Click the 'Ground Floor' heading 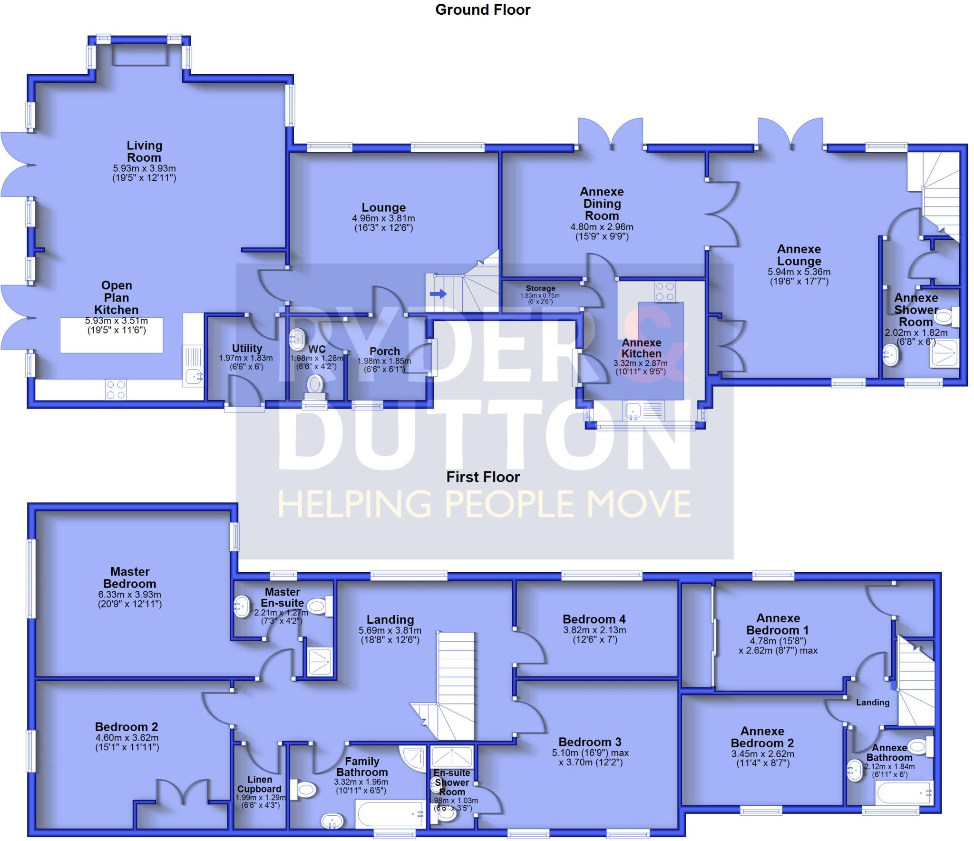482,10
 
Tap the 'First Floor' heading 483,477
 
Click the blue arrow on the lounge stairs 438,294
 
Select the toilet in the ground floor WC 314,385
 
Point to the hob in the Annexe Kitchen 664,292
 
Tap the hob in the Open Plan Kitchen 116,390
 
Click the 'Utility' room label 247,348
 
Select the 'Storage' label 540,288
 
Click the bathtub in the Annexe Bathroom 904,793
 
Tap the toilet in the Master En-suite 317,606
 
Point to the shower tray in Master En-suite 320,662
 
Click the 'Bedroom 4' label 594,619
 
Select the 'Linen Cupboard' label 260,784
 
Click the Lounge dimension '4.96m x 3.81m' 383,218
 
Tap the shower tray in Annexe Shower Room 943,353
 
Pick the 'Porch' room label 384,351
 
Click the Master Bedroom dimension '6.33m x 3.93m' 129,595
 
